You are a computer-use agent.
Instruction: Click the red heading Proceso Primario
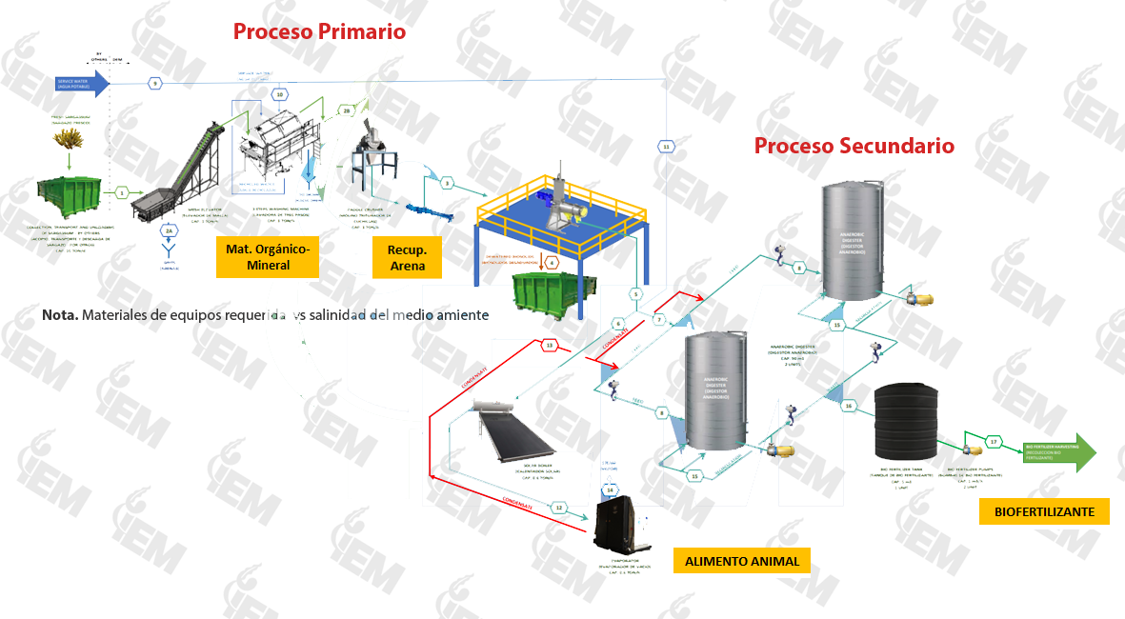pyautogui.click(x=319, y=31)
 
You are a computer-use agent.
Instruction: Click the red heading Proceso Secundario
pyautogui.click(x=854, y=146)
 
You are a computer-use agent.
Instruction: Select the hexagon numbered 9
pyautogui.click(x=154, y=84)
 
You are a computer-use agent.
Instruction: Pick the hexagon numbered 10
pyautogui.click(x=279, y=94)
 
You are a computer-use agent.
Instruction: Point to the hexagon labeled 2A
pyautogui.click(x=168, y=230)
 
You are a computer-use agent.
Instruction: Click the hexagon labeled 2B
pyautogui.click(x=346, y=111)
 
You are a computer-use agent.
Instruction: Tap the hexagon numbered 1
pyautogui.click(x=123, y=192)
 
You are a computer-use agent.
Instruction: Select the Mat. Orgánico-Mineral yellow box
pyautogui.click(x=268, y=257)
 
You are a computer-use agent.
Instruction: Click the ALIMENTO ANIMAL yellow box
pyautogui.click(x=742, y=561)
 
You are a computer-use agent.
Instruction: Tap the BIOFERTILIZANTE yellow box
pyautogui.click(x=1044, y=511)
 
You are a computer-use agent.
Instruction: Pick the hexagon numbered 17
pyautogui.click(x=994, y=442)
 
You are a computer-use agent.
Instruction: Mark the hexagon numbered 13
pyautogui.click(x=549, y=345)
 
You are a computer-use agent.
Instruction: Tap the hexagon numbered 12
pyautogui.click(x=559, y=508)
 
